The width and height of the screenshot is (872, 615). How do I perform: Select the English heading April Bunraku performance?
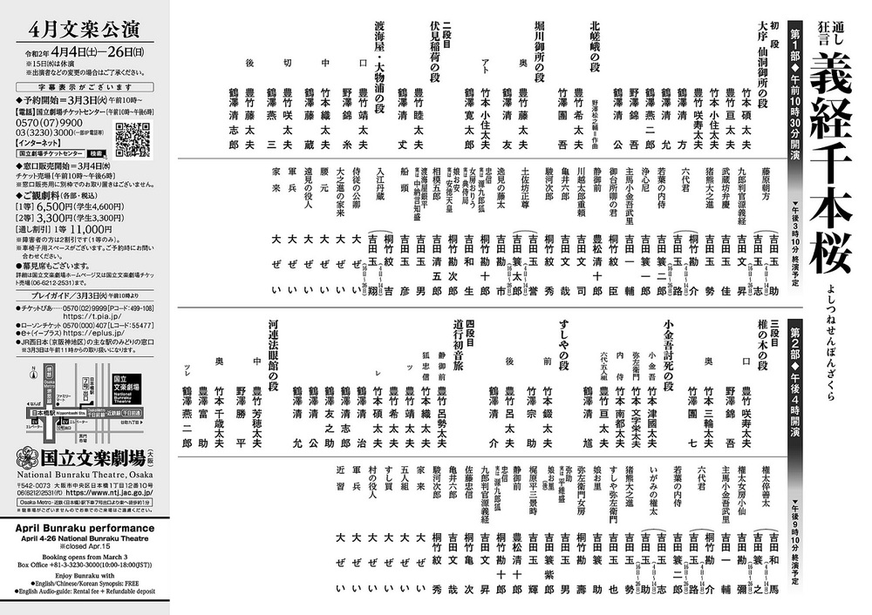[x=85, y=528]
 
